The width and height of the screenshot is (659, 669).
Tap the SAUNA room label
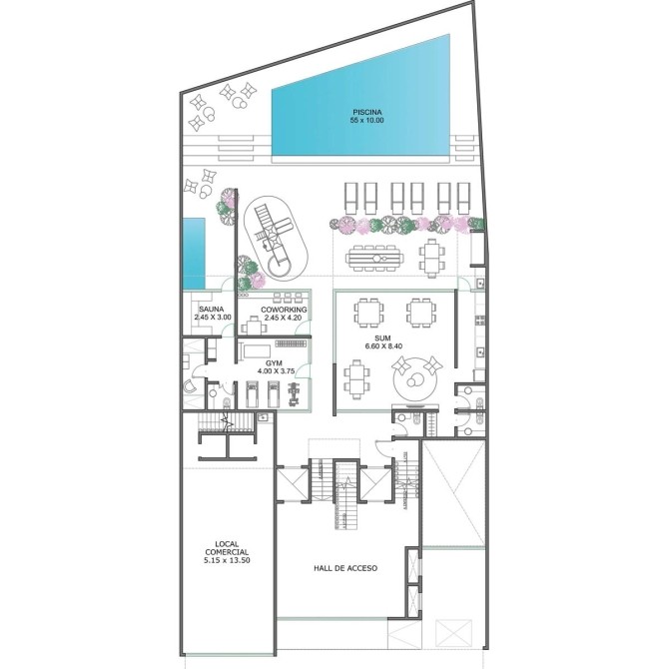click(x=211, y=310)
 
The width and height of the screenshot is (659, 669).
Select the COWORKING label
click(x=284, y=310)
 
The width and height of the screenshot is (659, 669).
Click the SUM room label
click(x=384, y=338)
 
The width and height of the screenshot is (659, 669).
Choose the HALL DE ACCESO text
click(x=345, y=568)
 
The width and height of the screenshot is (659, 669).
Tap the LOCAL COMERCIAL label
click(x=227, y=548)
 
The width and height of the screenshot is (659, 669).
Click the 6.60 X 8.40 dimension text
click(x=383, y=346)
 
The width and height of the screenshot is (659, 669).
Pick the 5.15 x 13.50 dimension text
click(x=227, y=560)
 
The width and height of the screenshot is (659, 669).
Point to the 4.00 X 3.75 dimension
click(x=277, y=370)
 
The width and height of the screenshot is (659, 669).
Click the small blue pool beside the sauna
click(x=194, y=254)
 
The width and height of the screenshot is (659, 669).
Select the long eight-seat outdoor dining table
click(x=374, y=258)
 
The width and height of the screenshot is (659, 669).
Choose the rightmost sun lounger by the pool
click(x=463, y=198)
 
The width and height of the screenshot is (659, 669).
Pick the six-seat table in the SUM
click(x=354, y=379)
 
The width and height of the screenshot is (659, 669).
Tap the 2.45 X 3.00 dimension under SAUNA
click(x=213, y=317)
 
